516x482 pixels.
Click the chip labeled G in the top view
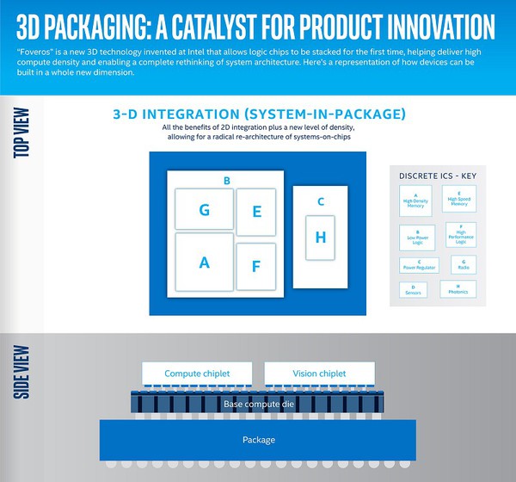click(x=204, y=209)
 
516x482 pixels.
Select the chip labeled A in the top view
click(x=205, y=263)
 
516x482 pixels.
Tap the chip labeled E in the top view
click(x=255, y=212)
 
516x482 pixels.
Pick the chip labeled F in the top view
click(x=255, y=267)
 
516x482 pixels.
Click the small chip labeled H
click(x=321, y=238)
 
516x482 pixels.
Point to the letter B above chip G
click(x=226, y=180)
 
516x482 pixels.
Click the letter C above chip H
click(x=320, y=202)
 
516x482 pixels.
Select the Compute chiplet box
click(x=197, y=374)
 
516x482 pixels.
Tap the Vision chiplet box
click(x=318, y=374)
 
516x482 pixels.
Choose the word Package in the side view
click(x=257, y=440)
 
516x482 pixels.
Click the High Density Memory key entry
click(x=415, y=201)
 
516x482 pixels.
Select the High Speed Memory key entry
click(x=459, y=201)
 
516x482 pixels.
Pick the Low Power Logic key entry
click(x=415, y=234)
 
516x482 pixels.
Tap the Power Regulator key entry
click(x=419, y=265)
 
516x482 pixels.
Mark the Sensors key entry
click(x=414, y=290)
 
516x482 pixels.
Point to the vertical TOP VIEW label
click(x=23, y=134)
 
